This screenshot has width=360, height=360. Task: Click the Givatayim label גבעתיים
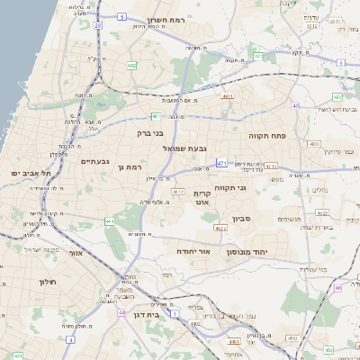pos(94,161)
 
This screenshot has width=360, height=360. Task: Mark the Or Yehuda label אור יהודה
pos(193,250)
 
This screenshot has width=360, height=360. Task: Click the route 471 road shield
pos(221,164)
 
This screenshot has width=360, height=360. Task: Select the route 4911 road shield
pos(227,95)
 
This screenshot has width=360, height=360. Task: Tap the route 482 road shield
pos(132,65)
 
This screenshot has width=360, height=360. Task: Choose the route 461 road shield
pos(110,220)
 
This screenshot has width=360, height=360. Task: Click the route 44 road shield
pos(121,312)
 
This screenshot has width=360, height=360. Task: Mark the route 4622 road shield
pos(321,212)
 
